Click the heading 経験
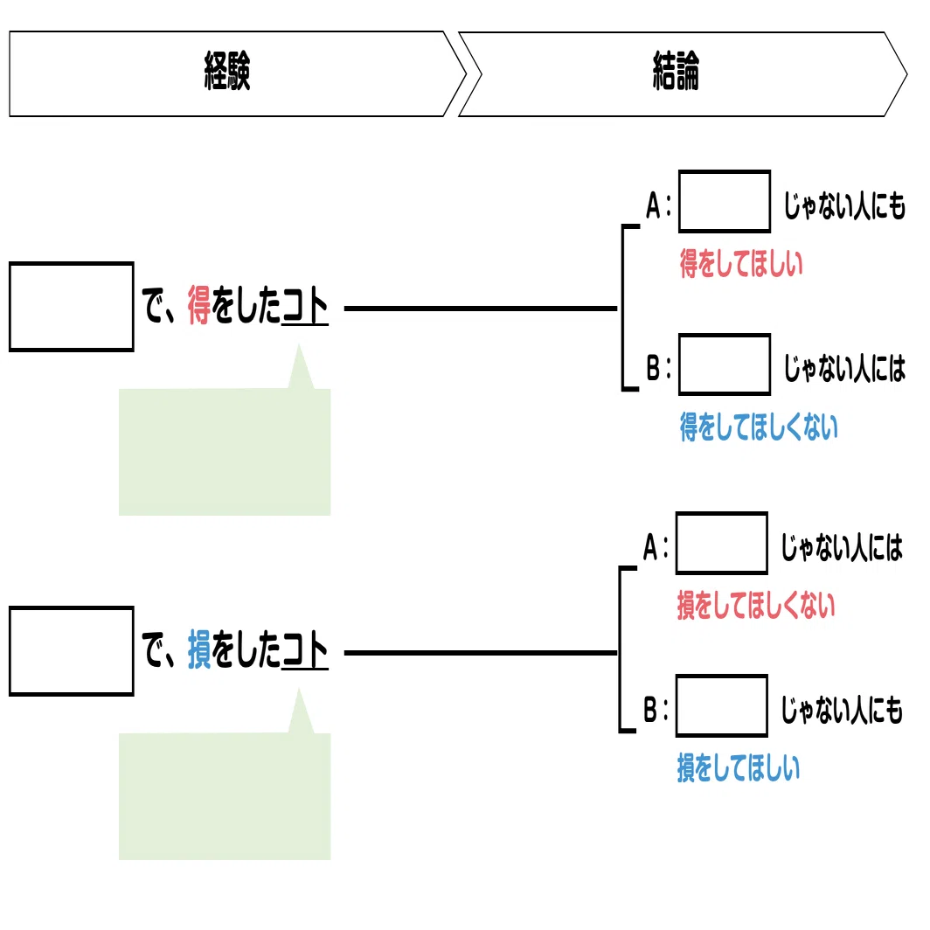tap(227, 71)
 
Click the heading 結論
tap(677, 71)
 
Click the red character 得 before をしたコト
tap(199, 305)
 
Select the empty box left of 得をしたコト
tap(72, 307)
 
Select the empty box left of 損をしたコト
tap(72, 650)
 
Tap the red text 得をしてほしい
tap(741, 264)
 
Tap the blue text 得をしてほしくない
tap(760, 427)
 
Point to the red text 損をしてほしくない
tap(756, 606)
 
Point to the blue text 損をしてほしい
tap(739, 768)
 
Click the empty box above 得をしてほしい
tap(725, 201)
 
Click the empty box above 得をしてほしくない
tap(725, 364)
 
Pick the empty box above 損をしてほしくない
tap(722, 544)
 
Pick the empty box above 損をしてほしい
tap(722, 706)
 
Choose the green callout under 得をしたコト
tap(225, 451)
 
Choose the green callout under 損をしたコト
tap(225, 795)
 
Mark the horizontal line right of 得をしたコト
tap(481, 309)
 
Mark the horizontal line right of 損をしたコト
tap(481, 652)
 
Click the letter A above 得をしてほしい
tap(653, 205)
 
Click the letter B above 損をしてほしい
tap(650, 710)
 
